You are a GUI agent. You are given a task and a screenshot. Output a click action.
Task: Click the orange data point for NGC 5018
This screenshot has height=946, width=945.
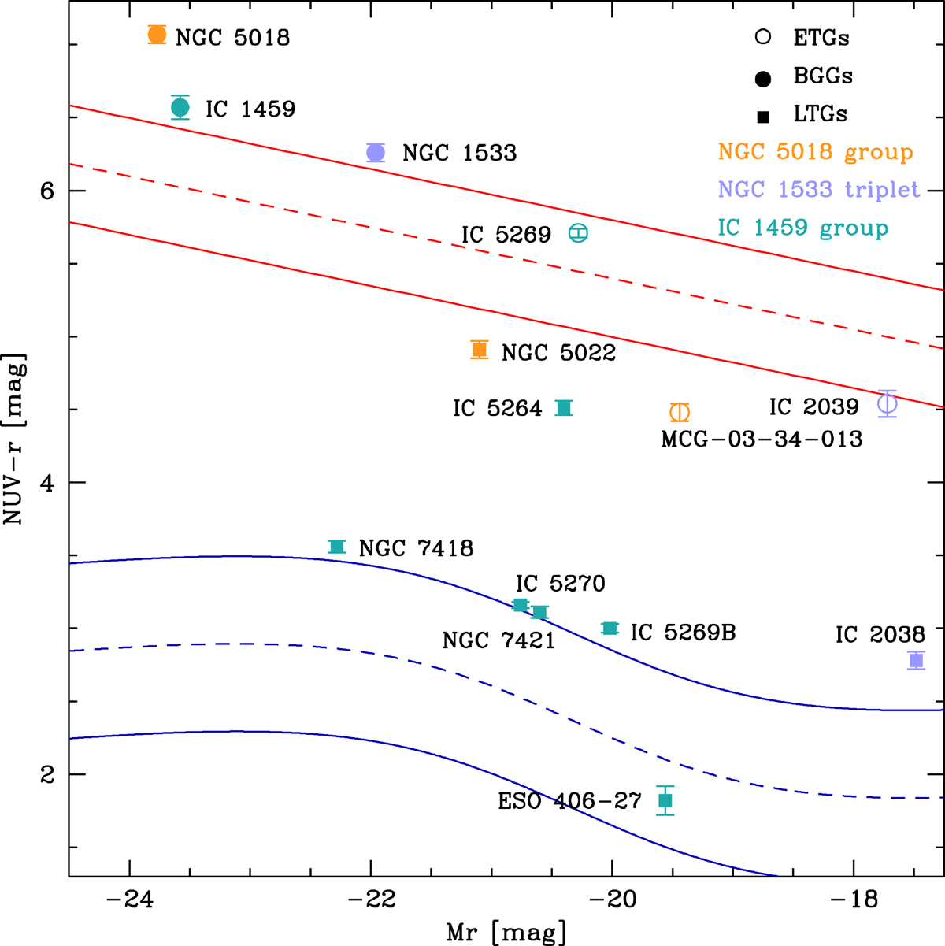(157, 35)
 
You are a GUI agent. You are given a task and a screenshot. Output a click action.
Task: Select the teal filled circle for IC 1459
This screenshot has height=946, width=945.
(180, 107)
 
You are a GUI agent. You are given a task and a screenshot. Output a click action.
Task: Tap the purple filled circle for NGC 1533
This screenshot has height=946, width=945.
(376, 153)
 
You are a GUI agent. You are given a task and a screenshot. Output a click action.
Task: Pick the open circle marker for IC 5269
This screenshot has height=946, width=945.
(579, 233)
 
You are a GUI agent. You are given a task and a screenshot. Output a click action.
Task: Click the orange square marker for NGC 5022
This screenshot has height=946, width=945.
(479, 350)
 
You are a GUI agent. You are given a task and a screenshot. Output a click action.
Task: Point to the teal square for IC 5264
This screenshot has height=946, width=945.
(564, 407)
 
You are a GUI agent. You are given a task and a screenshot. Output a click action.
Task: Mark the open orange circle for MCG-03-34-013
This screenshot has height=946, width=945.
(680, 412)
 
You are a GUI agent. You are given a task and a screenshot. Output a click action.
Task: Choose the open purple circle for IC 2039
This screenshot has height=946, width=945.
(888, 404)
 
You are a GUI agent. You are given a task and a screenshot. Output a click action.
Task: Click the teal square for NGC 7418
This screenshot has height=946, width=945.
(337, 547)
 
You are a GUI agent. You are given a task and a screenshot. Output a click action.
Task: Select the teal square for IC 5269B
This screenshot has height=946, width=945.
(610, 628)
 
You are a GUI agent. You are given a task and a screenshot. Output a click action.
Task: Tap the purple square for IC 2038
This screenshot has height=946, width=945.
(916, 660)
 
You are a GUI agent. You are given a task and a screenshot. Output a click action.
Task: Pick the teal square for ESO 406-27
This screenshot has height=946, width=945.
(665, 800)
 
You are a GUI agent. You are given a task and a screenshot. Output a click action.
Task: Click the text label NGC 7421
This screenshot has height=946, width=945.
(498, 640)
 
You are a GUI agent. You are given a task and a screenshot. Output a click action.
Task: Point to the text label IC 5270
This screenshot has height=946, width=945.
(561, 584)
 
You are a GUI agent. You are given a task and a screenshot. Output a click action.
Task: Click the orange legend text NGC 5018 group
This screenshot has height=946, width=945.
(815, 151)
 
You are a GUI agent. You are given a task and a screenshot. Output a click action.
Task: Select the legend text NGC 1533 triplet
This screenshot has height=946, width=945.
(819, 190)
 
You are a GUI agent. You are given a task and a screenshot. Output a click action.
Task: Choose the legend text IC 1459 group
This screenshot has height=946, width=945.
(803, 228)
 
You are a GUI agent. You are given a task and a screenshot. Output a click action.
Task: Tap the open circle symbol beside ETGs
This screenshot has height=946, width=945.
(762, 37)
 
